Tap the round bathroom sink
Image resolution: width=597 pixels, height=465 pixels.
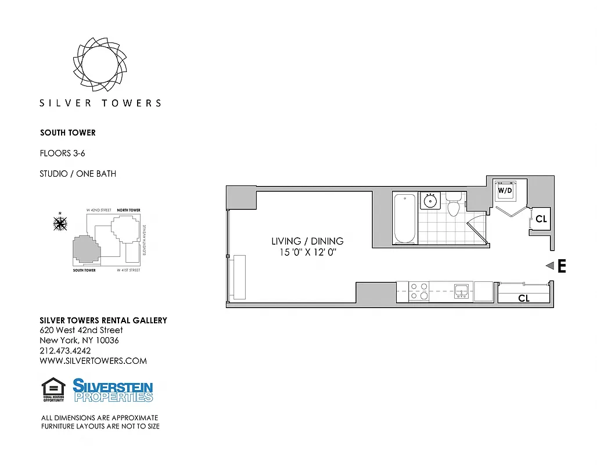click(x=430, y=201)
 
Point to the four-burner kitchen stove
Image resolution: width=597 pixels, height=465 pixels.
click(x=419, y=291)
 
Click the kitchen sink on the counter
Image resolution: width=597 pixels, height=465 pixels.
click(x=462, y=291)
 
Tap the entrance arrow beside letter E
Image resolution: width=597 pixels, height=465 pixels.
click(x=549, y=266)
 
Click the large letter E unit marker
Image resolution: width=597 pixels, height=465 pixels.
click(x=562, y=266)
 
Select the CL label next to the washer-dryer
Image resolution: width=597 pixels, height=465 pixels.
click(x=541, y=219)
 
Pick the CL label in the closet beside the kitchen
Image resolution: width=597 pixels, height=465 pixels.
click(x=523, y=298)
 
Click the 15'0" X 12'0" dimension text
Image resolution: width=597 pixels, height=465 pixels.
click(x=308, y=253)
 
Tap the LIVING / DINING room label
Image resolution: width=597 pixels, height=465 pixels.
click(x=308, y=241)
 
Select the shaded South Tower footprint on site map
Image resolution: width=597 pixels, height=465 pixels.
click(x=85, y=250)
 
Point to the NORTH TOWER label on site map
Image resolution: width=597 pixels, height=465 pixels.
click(x=128, y=210)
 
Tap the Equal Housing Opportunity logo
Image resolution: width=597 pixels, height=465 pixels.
click(x=53, y=389)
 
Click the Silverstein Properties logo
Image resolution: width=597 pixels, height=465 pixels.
click(x=113, y=390)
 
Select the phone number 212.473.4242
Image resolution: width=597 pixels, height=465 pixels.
click(x=65, y=350)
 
